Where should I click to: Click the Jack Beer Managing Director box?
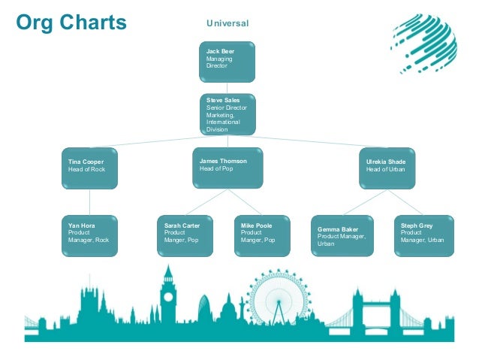point(227,62)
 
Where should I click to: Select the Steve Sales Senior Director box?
point(227,114)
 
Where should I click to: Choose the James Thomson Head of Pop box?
point(227,168)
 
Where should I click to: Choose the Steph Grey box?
point(424,235)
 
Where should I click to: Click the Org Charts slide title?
point(71,23)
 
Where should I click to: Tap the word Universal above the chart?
point(227,24)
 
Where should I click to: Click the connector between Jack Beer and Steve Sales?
point(227,87)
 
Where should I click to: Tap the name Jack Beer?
point(221,51)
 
